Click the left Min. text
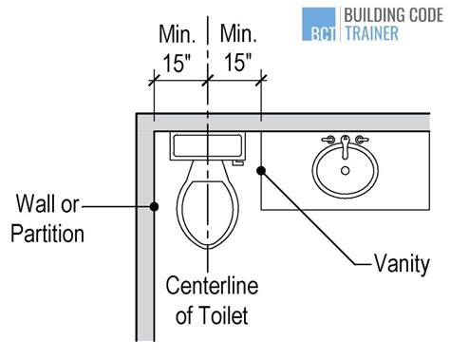(x=176, y=35)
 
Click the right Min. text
(x=238, y=35)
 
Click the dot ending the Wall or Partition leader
(x=153, y=204)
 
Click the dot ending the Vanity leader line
(x=267, y=170)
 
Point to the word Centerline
(x=208, y=284)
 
